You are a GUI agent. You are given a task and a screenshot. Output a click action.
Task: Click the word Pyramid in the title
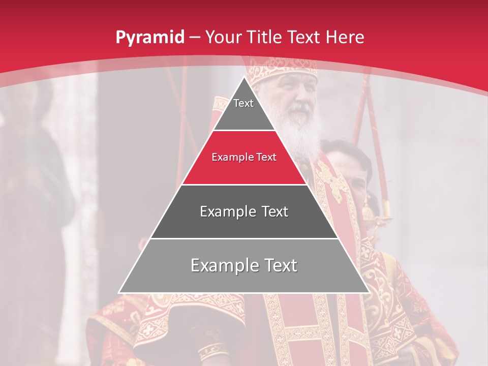[x=149, y=38]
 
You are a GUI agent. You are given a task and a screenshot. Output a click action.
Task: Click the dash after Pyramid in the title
[x=195, y=38]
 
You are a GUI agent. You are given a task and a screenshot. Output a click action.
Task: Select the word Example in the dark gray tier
[x=227, y=211]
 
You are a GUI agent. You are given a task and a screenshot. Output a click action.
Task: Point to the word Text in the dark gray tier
[x=274, y=211]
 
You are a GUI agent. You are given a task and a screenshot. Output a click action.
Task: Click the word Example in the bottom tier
[x=222, y=265]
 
